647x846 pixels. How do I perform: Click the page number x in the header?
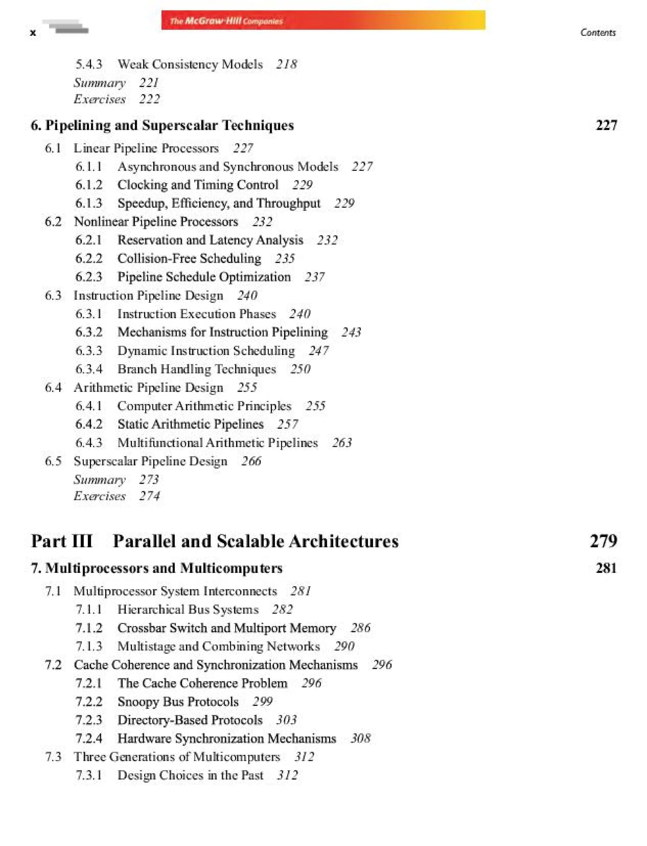[x=33, y=33]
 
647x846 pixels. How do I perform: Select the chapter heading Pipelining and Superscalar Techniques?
[x=169, y=125]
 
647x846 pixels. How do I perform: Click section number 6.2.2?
[x=89, y=258]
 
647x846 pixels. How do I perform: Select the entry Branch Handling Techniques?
[x=197, y=369]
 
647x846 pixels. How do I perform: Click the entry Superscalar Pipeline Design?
[x=151, y=461]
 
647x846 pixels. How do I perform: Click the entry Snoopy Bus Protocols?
[x=178, y=702]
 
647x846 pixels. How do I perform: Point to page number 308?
[x=360, y=738]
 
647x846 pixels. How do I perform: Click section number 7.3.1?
[x=89, y=775]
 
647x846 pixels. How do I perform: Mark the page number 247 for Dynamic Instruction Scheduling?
[x=318, y=350]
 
